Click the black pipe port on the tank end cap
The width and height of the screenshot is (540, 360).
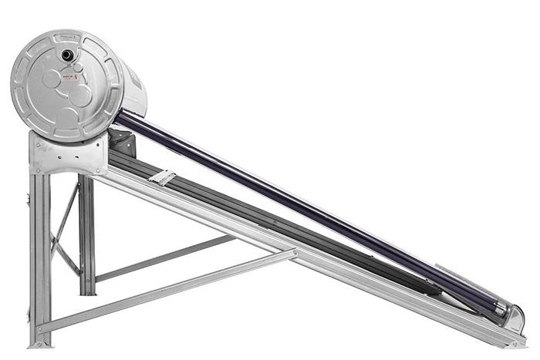coord(68,55)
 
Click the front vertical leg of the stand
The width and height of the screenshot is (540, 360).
coord(39,254)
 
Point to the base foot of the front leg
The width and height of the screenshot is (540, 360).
coord(39,339)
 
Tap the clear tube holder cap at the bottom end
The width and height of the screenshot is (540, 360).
coord(513,316)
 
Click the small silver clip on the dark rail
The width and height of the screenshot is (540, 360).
coord(163,177)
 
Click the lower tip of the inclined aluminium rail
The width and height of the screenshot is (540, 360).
coord(517,340)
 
